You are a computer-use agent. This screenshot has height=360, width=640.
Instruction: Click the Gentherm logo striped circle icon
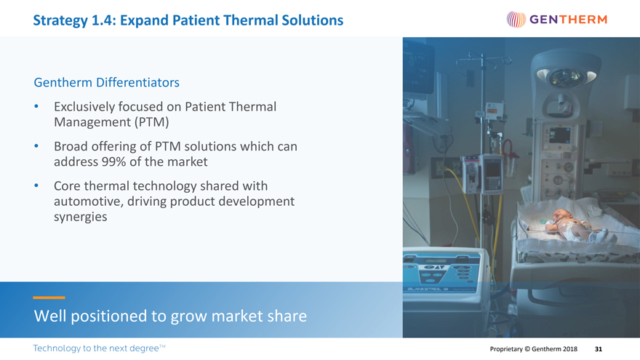[x=516, y=19]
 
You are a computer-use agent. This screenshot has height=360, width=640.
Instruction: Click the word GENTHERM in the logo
[x=568, y=19]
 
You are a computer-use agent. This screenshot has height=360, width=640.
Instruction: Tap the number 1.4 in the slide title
[x=102, y=20]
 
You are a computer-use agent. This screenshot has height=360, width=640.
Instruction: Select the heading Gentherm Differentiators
[x=106, y=82]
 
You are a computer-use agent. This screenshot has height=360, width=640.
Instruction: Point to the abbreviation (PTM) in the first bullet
[x=152, y=122]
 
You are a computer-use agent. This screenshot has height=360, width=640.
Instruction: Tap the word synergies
[x=81, y=217]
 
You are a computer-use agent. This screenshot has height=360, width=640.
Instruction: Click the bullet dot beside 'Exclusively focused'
[x=36, y=106]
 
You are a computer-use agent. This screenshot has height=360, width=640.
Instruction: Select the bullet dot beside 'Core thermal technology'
[x=36, y=185]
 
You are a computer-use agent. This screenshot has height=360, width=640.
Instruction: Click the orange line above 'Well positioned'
[x=49, y=297]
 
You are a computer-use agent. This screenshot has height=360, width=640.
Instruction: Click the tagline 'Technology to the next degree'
[x=99, y=348]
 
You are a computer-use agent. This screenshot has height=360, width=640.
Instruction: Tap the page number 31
[x=599, y=349]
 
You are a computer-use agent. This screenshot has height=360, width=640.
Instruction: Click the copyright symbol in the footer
[x=527, y=349]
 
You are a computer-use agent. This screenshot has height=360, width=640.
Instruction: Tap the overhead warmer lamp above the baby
[x=566, y=76]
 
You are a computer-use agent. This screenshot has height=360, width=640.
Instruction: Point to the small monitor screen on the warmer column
[x=559, y=135]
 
